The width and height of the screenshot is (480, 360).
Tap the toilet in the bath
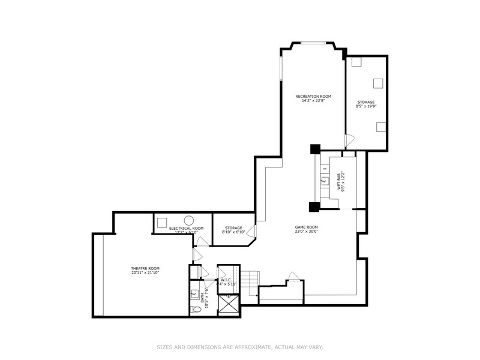point(195,310)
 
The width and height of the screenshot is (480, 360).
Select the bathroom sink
point(195,294)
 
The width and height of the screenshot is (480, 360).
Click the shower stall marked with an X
point(228,305)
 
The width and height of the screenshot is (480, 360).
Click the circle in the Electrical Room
point(188,220)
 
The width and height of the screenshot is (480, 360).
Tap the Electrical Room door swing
point(203,242)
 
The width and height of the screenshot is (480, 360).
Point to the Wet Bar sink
point(325,180)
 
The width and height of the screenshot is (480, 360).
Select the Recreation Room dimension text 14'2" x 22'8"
point(313,101)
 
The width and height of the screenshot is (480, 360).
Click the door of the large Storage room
point(350,140)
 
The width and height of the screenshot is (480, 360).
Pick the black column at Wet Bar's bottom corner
point(314,207)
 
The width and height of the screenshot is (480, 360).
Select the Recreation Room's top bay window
point(313,43)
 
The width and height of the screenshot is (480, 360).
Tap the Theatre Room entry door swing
point(196,255)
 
